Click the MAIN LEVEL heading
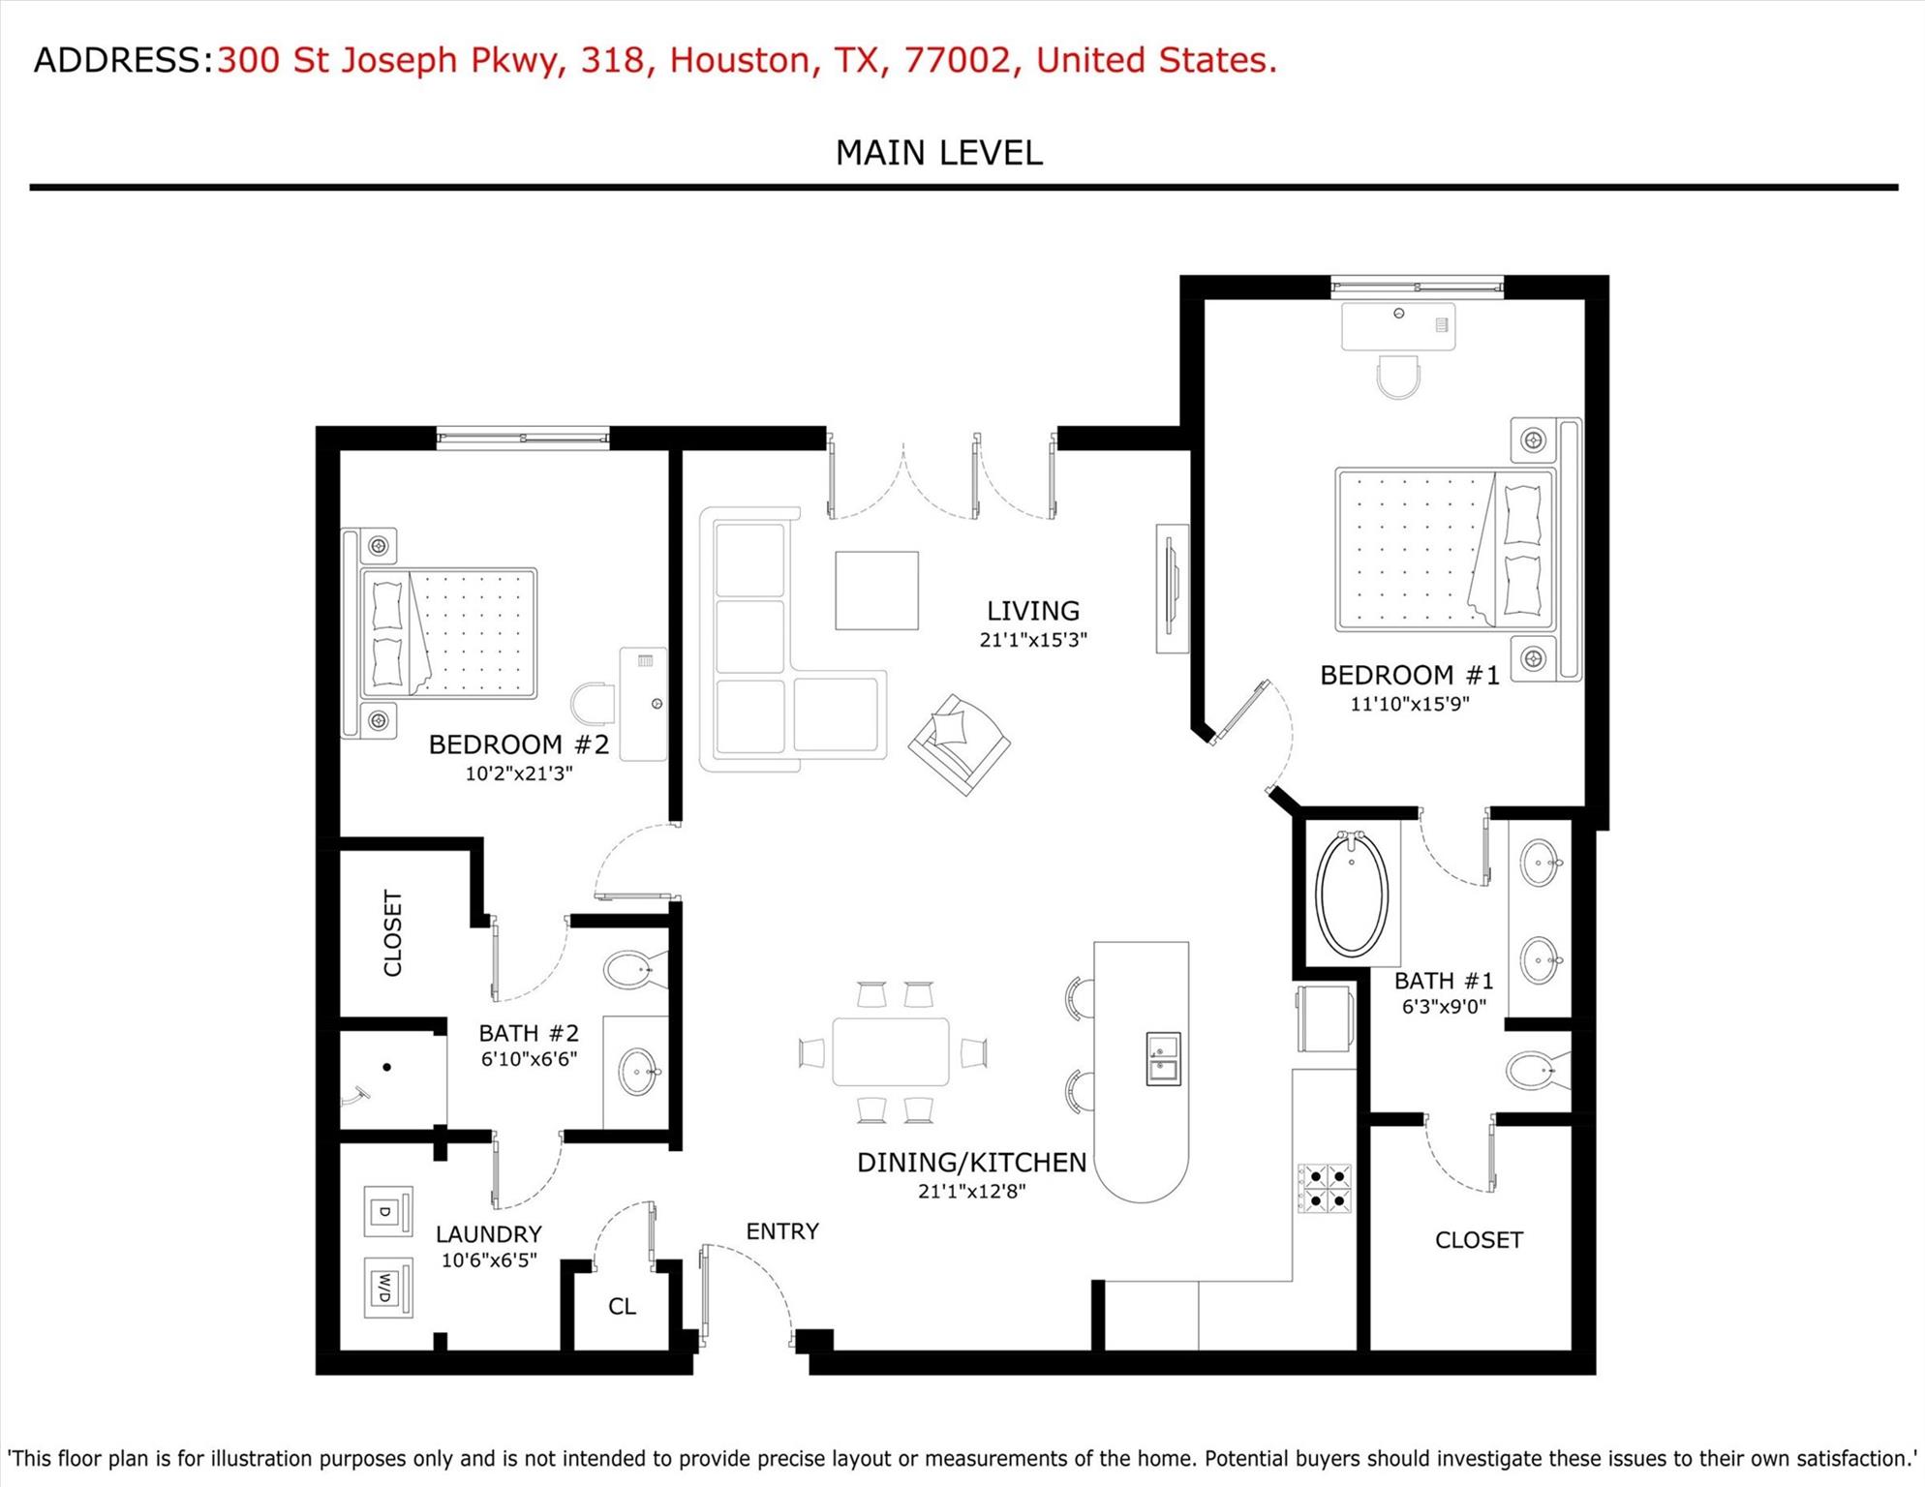[938, 153]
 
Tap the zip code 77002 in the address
[957, 60]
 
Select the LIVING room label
[1032, 611]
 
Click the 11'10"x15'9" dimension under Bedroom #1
[1409, 704]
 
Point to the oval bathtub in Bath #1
[1352, 894]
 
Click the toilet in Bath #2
[632, 969]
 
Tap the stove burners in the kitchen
[1325, 1189]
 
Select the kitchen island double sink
[1163, 1058]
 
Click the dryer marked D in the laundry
[387, 1212]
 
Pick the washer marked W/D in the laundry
[387, 1288]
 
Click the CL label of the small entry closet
[622, 1307]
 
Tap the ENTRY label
[782, 1231]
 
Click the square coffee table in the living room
[876, 591]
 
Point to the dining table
[890, 1052]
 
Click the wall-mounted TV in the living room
[1172, 590]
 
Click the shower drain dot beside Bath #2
[386, 1067]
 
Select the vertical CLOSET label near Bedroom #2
[392, 933]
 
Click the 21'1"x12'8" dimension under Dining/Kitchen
[971, 1191]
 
